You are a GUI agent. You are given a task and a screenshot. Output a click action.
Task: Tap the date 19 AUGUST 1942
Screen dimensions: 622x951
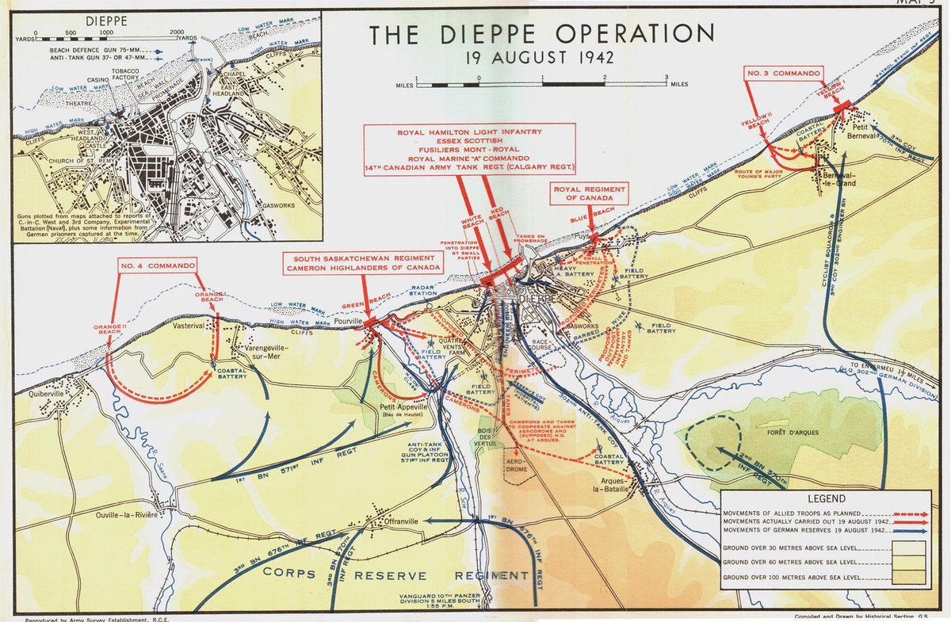coord(541,58)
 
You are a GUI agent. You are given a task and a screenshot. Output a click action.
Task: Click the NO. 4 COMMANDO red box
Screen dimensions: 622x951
coord(158,265)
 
